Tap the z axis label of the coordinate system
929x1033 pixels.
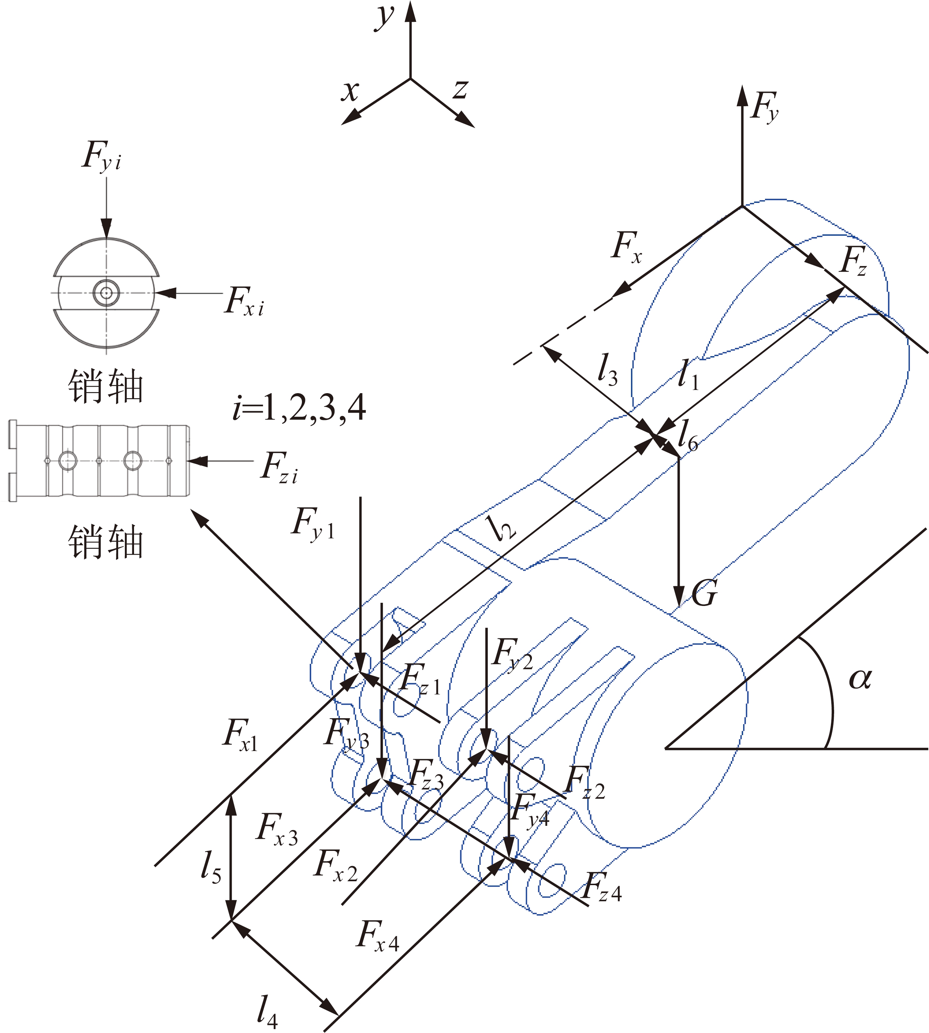click(x=460, y=89)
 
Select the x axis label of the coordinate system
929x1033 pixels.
click(x=351, y=92)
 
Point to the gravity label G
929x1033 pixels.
click(x=705, y=593)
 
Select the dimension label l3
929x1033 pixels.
click(x=607, y=370)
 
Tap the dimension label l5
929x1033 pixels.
click(x=211, y=867)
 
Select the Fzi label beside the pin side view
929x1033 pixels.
click(x=279, y=467)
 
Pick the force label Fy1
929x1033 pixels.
click(x=313, y=523)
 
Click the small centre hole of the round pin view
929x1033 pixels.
click(x=106, y=293)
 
